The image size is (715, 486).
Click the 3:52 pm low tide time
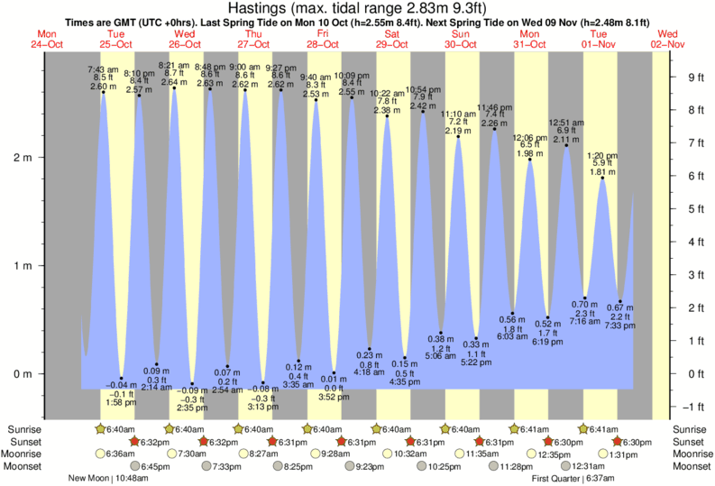pyautogui.click(x=334, y=396)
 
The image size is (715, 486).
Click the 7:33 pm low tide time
pyautogui.click(x=620, y=326)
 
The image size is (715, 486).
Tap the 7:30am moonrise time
pyautogui.click(x=190, y=454)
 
